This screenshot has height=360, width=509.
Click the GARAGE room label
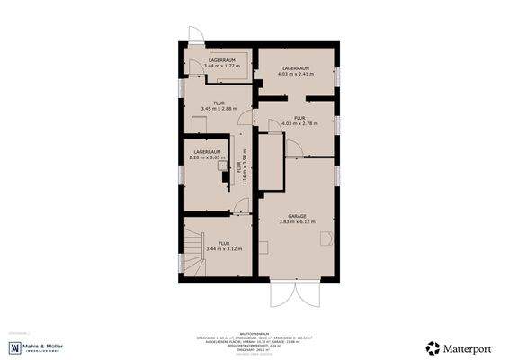pos(297,216)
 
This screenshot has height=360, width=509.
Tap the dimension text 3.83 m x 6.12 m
pos(297,222)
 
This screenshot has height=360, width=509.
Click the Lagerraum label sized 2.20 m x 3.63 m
pos(206,155)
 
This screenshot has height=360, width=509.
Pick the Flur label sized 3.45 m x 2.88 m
pos(219,105)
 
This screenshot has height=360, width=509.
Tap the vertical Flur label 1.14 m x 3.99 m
pos(239,166)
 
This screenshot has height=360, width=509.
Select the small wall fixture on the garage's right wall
pos(330,238)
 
